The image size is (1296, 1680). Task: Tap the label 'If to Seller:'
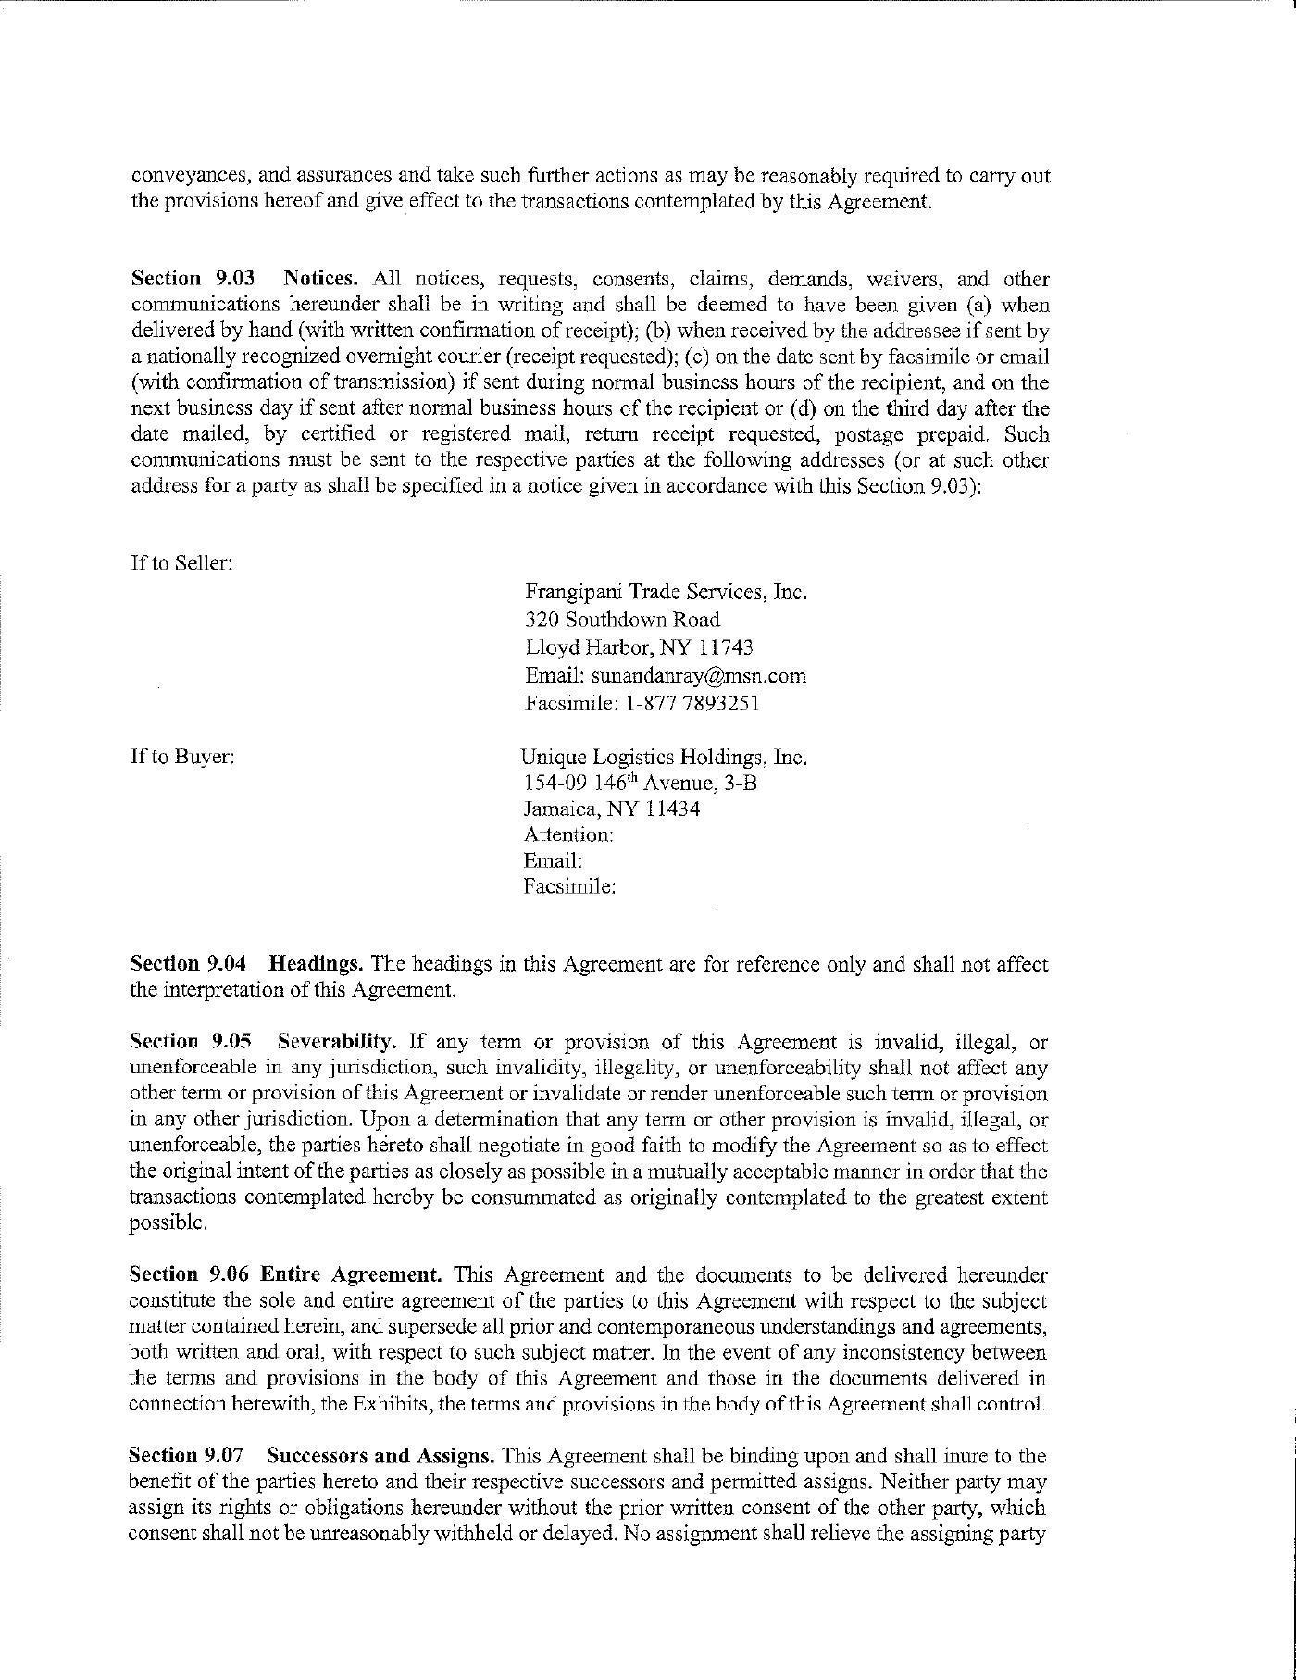pyautogui.click(x=181, y=563)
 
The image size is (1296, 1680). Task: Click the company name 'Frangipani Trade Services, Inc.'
pyautogui.click(x=666, y=592)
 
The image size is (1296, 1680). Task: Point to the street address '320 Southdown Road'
pyautogui.click(x=622, y=620)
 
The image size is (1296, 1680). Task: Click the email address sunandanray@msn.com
pyautogui.click(x=698, y=676)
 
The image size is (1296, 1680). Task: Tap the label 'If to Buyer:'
pyautogui.click(x=182, y=757)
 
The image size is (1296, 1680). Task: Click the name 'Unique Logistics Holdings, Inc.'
pyautogui.click(x=664, y=757)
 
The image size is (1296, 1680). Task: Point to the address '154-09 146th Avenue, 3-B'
pyautogui.click(x=640, y=784)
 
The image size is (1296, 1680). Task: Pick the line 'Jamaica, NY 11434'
pyautogui.click(x=612, y=809)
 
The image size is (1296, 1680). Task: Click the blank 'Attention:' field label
pyautogui.click(x=568, y=835)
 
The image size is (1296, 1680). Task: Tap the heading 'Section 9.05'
pyautogui.click(x=191, y=1042)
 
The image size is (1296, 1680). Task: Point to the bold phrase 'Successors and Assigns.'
pyautogui.click(x=380, y=1456)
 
